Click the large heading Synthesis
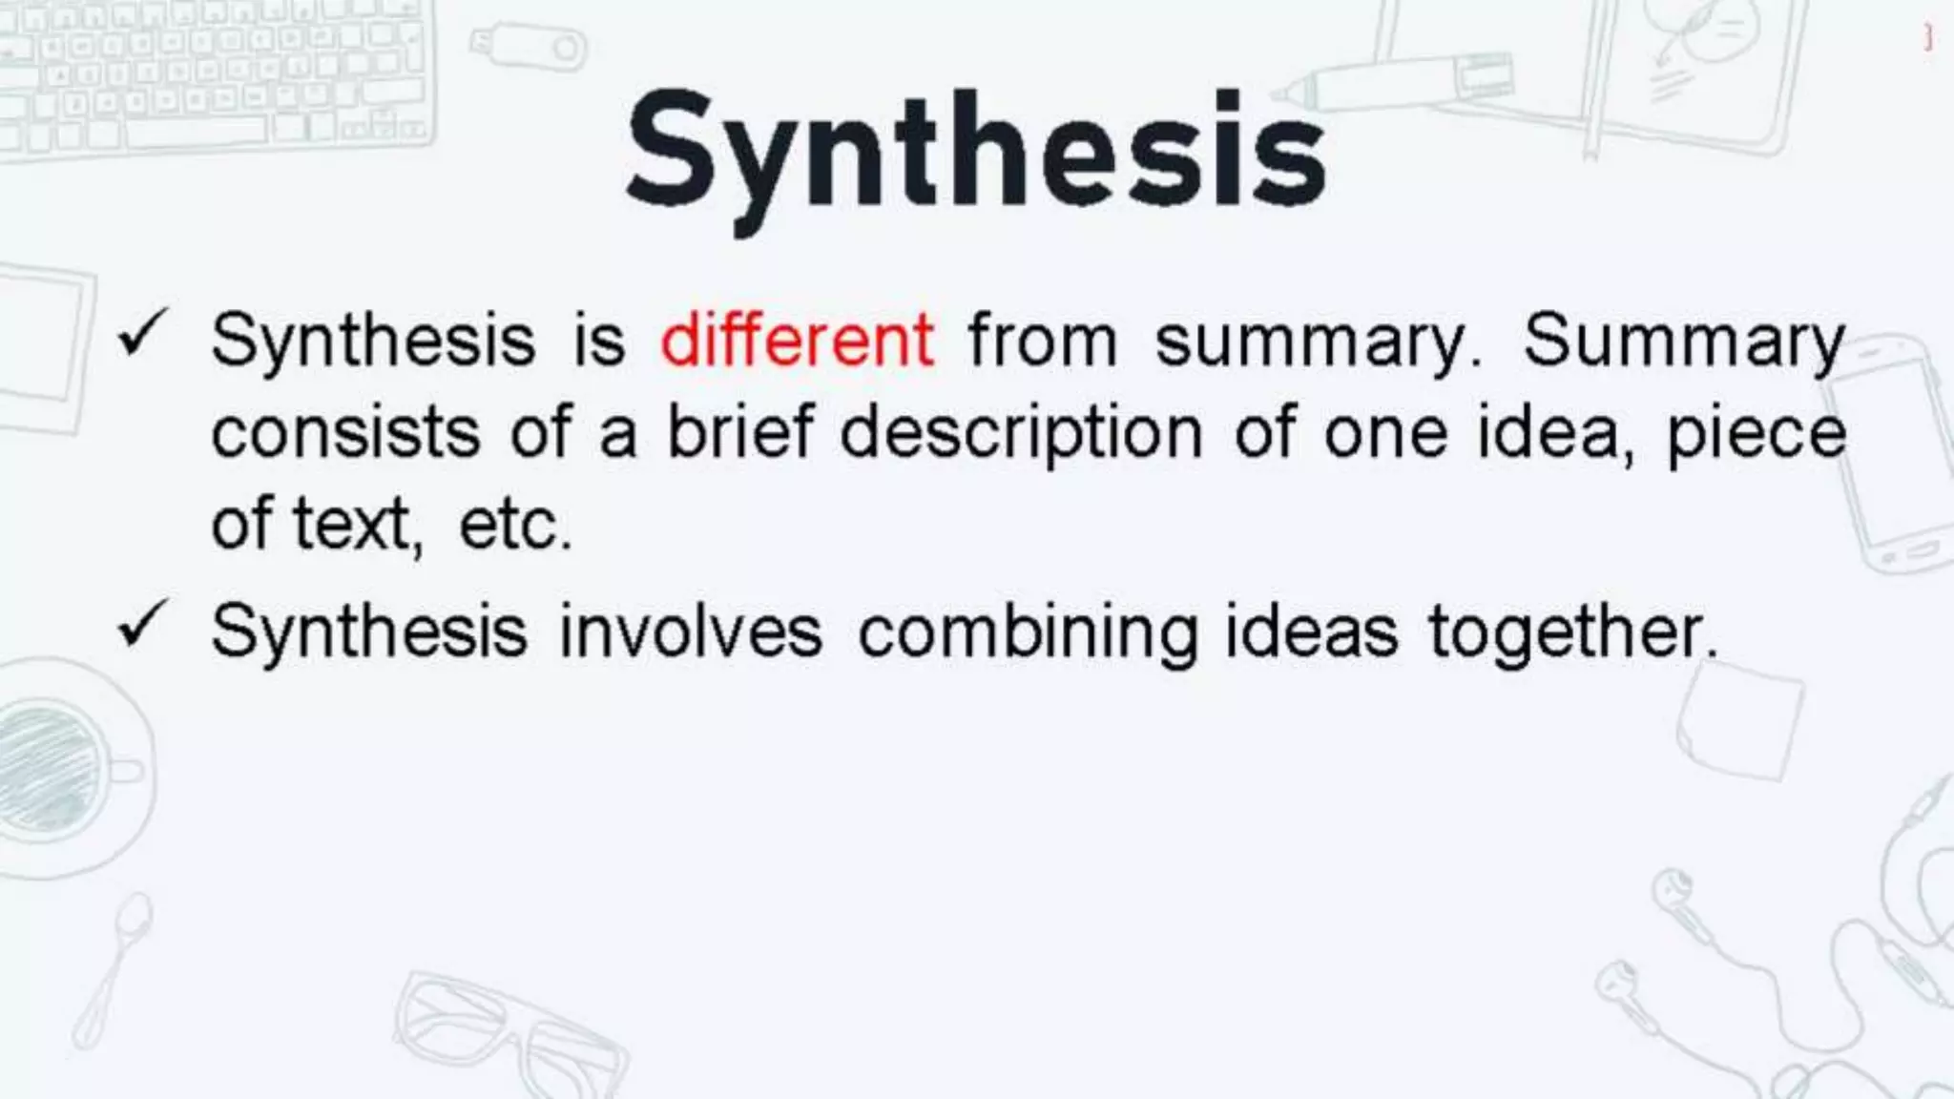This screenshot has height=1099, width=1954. point(975,153)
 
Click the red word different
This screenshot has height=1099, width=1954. point(797,340)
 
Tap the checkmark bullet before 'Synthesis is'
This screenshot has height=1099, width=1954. point(144,335)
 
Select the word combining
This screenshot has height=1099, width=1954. point(1028,633)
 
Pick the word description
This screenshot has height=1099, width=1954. point(1021,435)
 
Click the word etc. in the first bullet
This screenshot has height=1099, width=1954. point(515,525)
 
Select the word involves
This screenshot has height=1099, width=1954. point(690,632)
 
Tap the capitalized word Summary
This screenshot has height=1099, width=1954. point(1684,342)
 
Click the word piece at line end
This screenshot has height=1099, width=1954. point(1756,435)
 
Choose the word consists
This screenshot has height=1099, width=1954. point(345,433)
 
